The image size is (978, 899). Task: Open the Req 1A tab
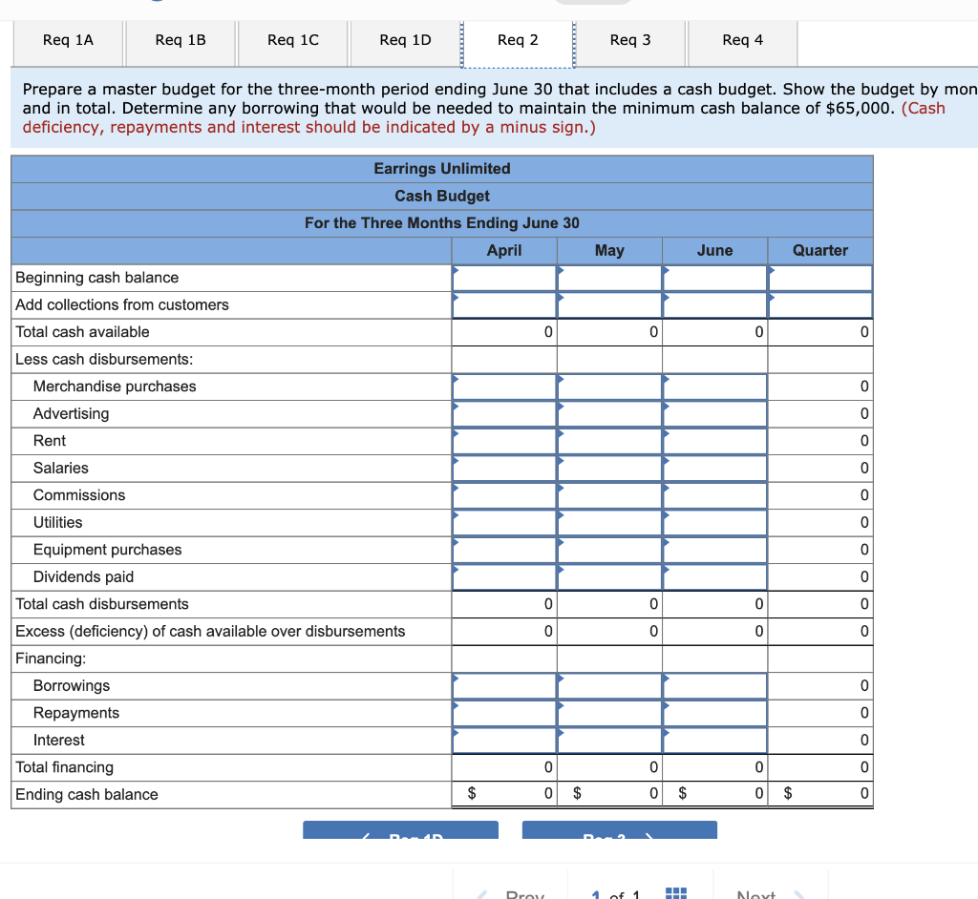(x=69, y=40)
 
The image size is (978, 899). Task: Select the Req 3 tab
(x=630, y=40)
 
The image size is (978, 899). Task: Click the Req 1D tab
(x=405, y=40)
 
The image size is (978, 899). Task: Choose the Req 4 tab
(x=742, y=40)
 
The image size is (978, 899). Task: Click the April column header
(x=504, y=250)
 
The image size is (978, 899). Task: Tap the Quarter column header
(x=819, y=250)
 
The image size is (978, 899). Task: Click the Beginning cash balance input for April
(x=504, y=278)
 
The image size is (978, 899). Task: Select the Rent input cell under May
(x=609, y=441)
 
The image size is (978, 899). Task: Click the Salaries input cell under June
(x=714, y=468)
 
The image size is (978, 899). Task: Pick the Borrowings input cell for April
(x=504, y=685)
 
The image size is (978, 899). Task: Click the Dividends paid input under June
(x=714, y=576)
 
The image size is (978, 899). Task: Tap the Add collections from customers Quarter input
(x=819, y=304)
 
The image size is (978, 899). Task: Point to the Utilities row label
(x=58, y=522)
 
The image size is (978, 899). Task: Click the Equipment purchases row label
(x=107, y=550)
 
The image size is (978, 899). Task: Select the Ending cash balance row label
(x=87, y=794)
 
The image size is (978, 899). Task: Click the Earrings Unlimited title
(x=441, y=169)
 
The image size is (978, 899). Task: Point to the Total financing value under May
(x=609, y=767)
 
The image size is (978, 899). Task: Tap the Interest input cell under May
(x=609, y=740)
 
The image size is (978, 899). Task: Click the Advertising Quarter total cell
(x=819, y=413)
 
